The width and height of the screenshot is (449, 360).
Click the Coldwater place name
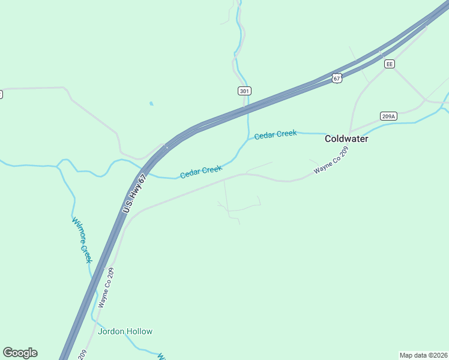tap(346, 139)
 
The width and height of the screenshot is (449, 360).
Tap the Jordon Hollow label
tap(125, 331)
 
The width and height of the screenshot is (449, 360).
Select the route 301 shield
tap(244, 91)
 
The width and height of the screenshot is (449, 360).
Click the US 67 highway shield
tap(337, 78)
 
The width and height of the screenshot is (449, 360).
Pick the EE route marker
tap(390, 64)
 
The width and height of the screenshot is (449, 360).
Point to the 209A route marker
tap(388, 116)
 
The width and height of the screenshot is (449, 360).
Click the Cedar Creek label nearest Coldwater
tap(275, 134)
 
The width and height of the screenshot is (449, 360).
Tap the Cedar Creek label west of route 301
tap(201, 172)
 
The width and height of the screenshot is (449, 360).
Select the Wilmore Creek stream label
tap(82, 239)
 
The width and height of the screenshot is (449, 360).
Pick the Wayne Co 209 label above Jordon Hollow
tap(106, 288)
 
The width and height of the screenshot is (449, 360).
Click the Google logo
tap(20, 353)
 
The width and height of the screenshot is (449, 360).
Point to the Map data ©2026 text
tap(423, 355)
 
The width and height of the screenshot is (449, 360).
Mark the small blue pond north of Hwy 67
tap(151, 103)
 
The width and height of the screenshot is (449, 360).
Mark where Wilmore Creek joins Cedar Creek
tap(58, 166)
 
